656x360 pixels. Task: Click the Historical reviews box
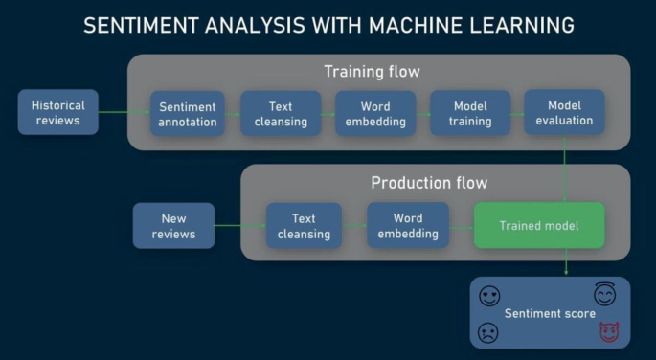57,112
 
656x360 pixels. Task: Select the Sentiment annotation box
188,114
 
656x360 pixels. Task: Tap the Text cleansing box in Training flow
280,114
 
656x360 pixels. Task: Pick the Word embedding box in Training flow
375,114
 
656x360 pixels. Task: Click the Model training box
469,114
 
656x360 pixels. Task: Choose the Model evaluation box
564,112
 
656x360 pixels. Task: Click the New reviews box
173,226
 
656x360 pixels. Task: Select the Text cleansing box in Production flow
304,226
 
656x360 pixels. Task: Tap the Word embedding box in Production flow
407,226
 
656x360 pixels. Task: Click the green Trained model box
539,226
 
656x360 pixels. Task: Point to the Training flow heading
372,72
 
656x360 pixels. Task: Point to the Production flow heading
429,183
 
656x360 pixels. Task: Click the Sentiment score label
550,313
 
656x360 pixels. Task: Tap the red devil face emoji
607,332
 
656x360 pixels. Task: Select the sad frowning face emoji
488,332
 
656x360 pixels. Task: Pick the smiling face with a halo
603,293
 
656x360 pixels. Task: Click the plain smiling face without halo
489,296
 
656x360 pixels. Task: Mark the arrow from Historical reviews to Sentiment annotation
124,113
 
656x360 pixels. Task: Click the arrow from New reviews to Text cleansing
240,226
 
